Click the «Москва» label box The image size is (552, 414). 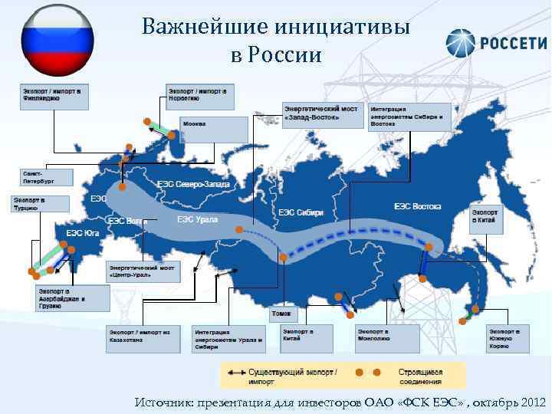(x=214, y=125)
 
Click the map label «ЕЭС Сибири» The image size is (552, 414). (x=301, y=212)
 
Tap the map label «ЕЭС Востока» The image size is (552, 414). (x=418, y=206)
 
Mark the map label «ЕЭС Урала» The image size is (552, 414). (x=197, y=220)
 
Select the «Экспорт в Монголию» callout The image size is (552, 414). (x=387, y=338)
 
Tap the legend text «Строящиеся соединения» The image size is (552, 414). (x=420, y=376)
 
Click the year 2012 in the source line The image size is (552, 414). (x=530, y=402)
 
